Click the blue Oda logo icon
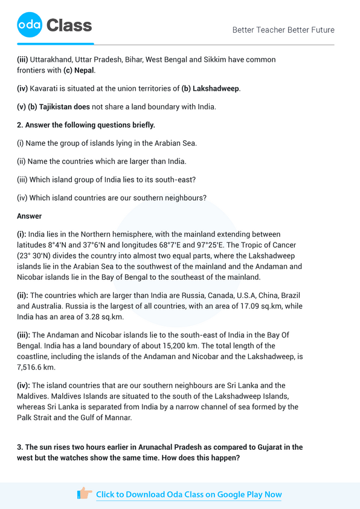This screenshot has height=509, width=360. pyautogui.click(x=29, y=25)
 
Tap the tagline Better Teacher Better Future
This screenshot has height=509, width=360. pyautogui.click(x=283, y=30)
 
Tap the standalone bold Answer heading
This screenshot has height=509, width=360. pyautogui.click(x=29, y=215)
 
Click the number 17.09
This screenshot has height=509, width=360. pyautogui.click(x=223, y=306)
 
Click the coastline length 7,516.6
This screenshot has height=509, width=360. pyautogui.click(x=35, y=367)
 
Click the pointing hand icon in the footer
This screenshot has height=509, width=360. pyautogui.click(x=85, y=494)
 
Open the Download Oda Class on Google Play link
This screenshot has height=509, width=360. pyautogui.click(x=188, y=494)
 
